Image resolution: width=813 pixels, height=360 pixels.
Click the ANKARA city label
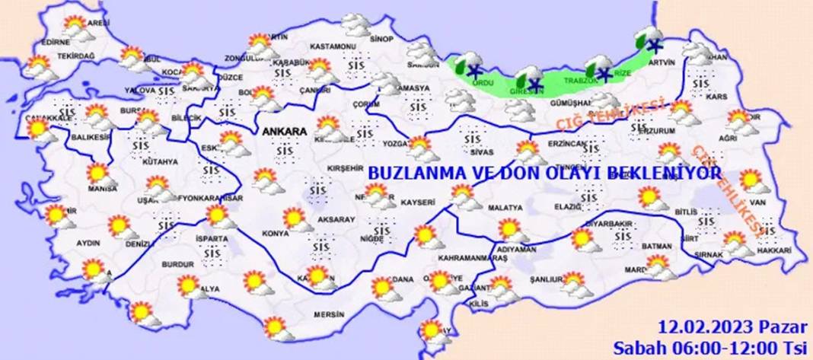[x=284, y=132]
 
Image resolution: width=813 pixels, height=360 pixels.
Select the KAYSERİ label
[x=419, y=203]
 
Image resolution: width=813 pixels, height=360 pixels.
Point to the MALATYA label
[x=505, y=207]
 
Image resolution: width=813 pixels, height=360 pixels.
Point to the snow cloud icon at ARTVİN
[x=648, y=38]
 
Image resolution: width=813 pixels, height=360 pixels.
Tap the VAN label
[x=756, y=202]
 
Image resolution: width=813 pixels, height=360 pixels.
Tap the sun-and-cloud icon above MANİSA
[x=99, y=174]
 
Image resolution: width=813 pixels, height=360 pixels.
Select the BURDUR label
[x=173, y=264]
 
